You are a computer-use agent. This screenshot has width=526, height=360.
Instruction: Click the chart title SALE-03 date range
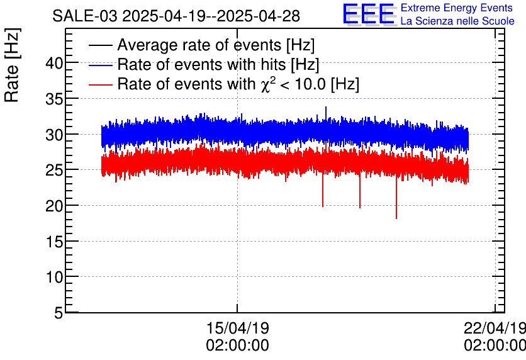pos(176,16)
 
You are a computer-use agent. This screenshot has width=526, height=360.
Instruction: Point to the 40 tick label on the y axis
pos(54,63)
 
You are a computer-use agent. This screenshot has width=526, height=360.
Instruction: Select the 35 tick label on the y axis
pos(54,99)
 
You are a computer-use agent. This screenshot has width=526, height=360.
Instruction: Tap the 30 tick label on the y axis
pos(54,134)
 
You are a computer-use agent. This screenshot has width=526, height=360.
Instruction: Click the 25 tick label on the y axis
pos(54,170)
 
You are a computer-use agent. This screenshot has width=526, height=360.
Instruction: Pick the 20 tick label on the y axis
pos(54,205)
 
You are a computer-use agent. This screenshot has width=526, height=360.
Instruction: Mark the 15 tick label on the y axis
pos(54,241)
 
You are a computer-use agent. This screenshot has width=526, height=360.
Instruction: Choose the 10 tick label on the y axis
pos(54,277)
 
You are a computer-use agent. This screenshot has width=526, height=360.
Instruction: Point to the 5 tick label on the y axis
pos(59,313)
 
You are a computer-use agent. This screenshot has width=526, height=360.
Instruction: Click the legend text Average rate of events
pos(216,45)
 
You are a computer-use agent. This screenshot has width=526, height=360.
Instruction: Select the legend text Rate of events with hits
pos(218,65)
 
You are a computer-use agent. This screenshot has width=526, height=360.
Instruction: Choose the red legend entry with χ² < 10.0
pos(238,84)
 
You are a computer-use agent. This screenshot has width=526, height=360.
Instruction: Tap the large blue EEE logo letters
pos(369,14)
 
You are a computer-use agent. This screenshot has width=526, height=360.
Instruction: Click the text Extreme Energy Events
pos(457,8)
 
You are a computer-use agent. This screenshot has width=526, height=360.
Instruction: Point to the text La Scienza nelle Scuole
pos(457,21)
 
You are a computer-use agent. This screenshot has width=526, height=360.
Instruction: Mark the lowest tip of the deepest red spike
pos(396,218)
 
